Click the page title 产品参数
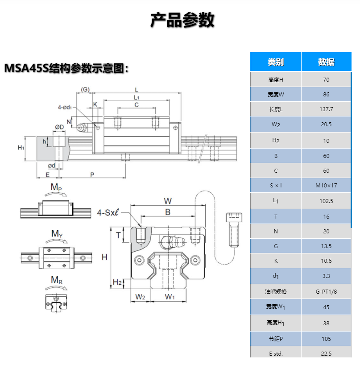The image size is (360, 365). point(182,20)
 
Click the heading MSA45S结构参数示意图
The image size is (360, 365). point(66,68)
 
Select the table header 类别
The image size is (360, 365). point(276,62)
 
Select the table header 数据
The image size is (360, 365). point(326,62)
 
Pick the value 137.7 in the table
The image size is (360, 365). point(326,109)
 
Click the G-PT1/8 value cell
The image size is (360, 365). point(326,292)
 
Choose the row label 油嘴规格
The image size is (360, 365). point(276,292)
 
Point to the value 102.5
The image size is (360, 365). point(326,201)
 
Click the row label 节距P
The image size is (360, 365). point(276,339)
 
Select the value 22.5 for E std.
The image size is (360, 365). point(326,353)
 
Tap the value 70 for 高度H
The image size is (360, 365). point(326,79)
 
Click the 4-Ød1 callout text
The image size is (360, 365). point(67,107)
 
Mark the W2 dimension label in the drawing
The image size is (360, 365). point(141,297)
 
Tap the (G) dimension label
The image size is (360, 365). point(85,89)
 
